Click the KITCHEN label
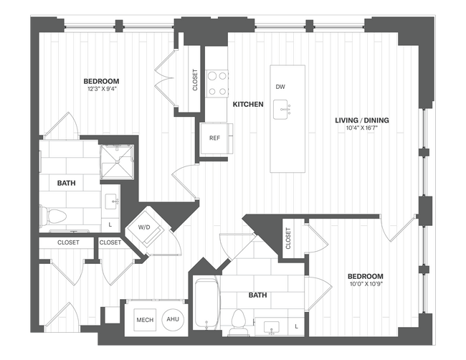click(248, 105)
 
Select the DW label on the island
click(280, 87)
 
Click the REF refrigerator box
click(214, 138)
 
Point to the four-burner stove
click(217, 82)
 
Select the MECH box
click(145, 320)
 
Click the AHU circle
click(173, 320)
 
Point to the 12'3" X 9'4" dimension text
click(100, 90)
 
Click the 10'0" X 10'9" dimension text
click(365, 285)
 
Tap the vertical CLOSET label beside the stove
click(195, 80)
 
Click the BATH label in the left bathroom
click(66, 184)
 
